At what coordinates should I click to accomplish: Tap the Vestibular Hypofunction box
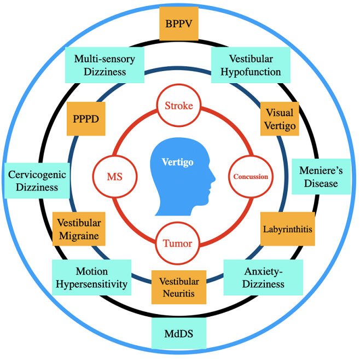[x=251, y=65]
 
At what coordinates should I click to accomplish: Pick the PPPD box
[x=86, y=118]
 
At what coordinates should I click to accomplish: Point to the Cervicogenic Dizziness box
[x=37, y=181]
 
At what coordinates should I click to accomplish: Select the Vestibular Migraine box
[x=79, y=229]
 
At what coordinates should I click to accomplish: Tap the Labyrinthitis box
[x=287, y=229]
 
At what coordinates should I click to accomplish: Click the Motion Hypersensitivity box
[x=92, y=277]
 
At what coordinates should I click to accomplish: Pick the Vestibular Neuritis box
[x=179, y=287]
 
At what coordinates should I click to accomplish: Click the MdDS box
[x=179, y=333]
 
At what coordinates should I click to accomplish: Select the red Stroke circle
[x=179, y=106]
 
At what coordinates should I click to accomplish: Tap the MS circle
[x=114, y=177]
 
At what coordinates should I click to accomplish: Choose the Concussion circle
[x=251, y=177]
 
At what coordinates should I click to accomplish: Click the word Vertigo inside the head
[x=177, y=162]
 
